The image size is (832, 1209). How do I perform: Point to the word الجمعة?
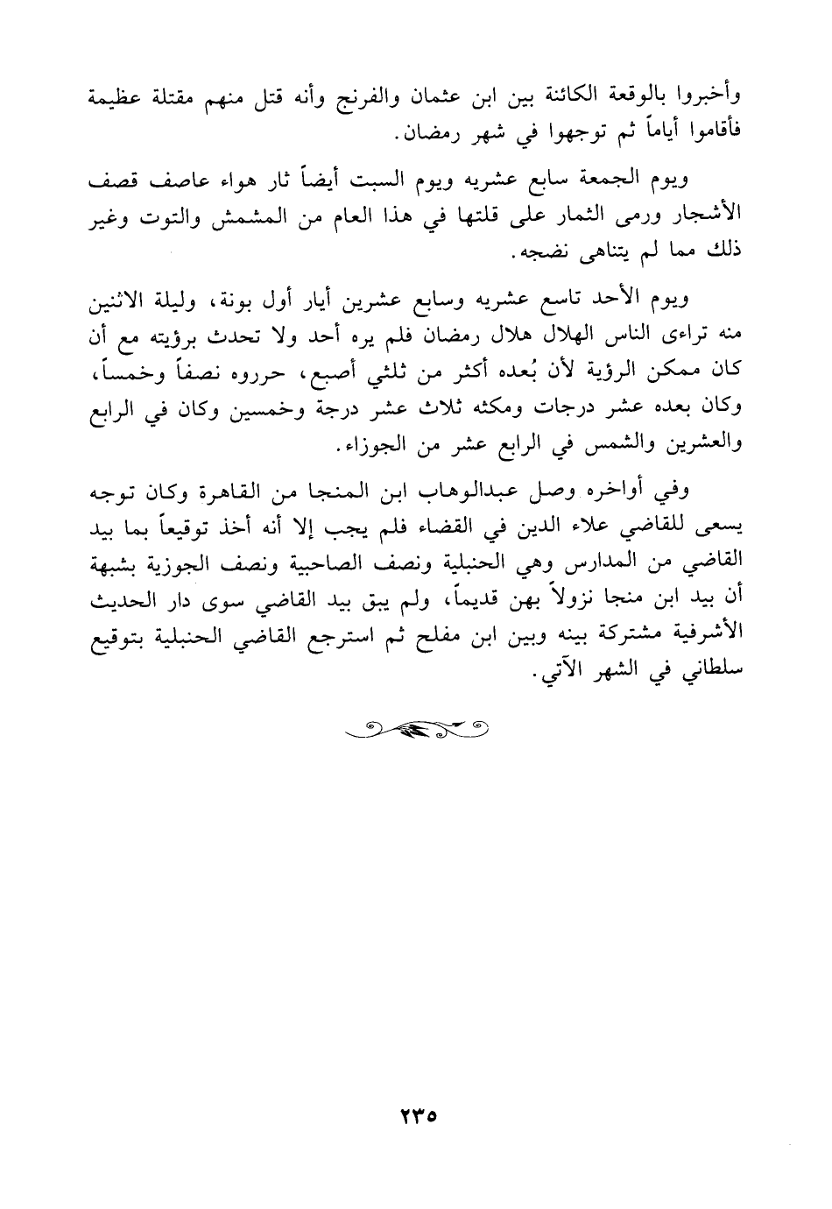pos(609,182)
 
